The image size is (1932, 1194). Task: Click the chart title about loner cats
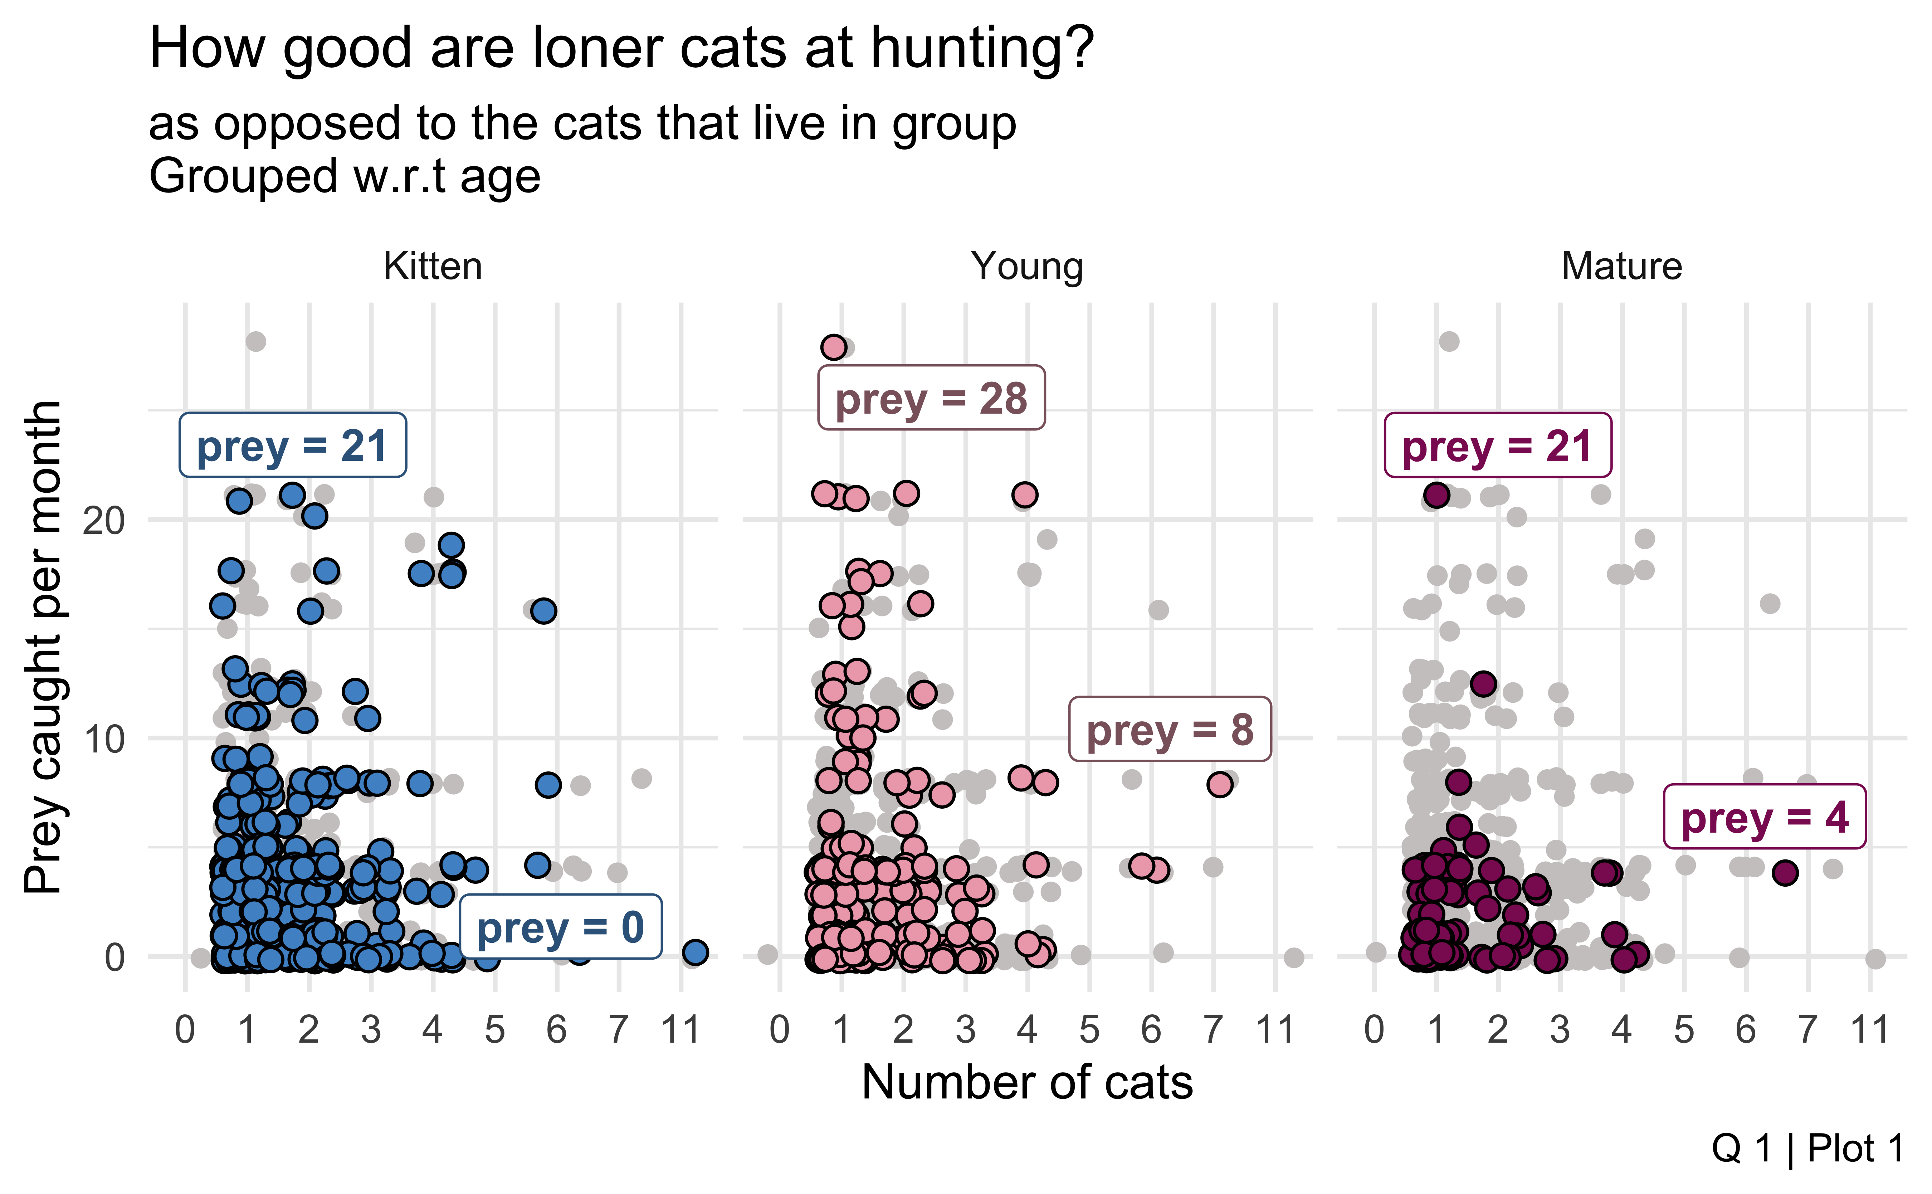click(621, 49)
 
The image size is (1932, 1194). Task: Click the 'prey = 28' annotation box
click(931, 398)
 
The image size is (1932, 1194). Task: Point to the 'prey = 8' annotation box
click(1169, 730)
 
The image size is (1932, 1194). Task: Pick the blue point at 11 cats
click(695, 952)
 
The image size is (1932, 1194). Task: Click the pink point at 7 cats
click(1220, 784)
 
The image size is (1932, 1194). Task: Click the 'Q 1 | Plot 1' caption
click(1807, 1149)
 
